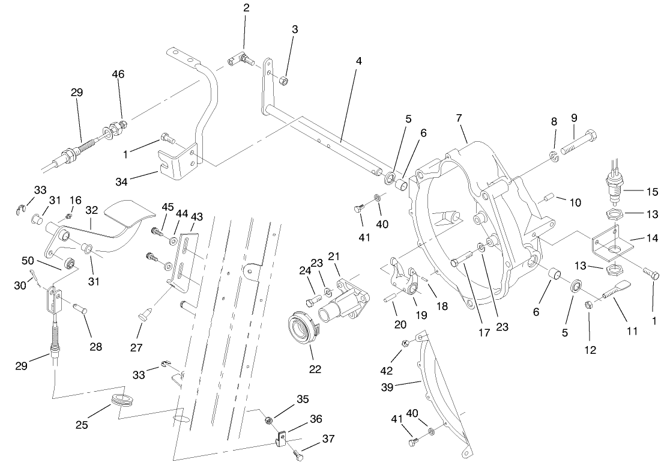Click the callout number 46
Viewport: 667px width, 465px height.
click(x=118, y=74)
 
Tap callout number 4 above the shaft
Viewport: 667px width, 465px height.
click(x=358, y=62)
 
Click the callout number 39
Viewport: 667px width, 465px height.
click(x=387, y=387)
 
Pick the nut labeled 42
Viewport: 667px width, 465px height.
click(x=405, y=344)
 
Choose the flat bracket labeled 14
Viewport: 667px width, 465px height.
click(x=612, y=246)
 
